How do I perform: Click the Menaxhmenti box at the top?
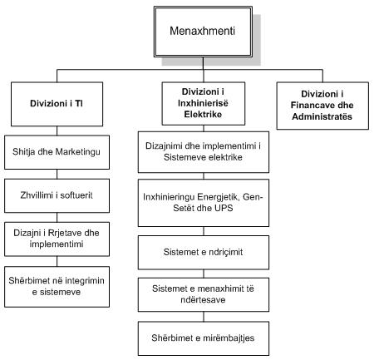click(x=203, y=32)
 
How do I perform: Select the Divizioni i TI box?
click(x=57, y=104)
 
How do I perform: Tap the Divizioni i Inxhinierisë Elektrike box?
click(x=204, y=103)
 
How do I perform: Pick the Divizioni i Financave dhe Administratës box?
click(x=322, y=106)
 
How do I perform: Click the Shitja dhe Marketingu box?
click(x=57, y=152)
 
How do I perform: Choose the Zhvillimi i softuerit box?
click(x=57, y=195)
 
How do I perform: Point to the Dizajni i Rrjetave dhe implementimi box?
click(x=57, y=239)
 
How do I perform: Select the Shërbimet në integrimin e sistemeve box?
click(x=57, y=287)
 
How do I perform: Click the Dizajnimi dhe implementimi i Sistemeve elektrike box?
click(x=204, y=152)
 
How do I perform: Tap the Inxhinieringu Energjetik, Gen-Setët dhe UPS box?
click(x=204, y=203)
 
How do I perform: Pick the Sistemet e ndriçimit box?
click(x=204, y=253)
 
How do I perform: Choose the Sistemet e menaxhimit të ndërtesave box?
click(x=204, y=294)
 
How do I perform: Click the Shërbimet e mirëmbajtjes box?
click(x=204, y=338)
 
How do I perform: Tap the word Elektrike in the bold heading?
click(x=203, y=114)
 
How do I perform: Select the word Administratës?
click(x=322, y=116)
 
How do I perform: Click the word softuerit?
click(x=76, y=195)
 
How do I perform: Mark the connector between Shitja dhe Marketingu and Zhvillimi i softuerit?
click(x=57, y=174)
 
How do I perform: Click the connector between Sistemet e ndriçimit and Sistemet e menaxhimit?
click(x=204, y=274)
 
